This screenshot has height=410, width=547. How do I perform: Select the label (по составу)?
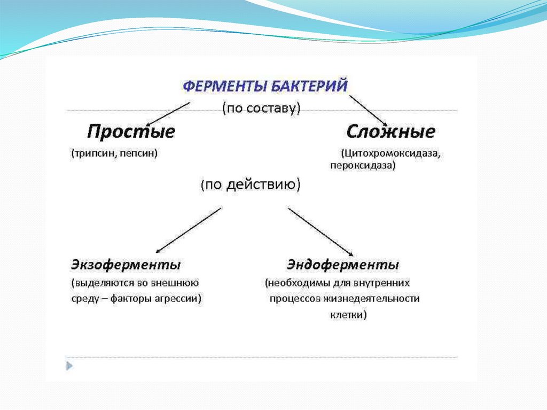coord(262,108)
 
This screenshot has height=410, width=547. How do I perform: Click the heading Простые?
coord(131,131)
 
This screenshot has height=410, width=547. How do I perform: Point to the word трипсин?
coord(95,153)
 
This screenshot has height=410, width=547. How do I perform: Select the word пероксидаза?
coord(361,166)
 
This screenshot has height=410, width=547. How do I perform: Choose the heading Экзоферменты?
coord(126,265)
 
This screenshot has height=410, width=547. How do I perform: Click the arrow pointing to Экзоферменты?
coord(187,230)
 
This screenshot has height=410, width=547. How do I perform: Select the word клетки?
coord(347,315)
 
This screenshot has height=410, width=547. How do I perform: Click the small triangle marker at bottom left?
coord(69,366)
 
